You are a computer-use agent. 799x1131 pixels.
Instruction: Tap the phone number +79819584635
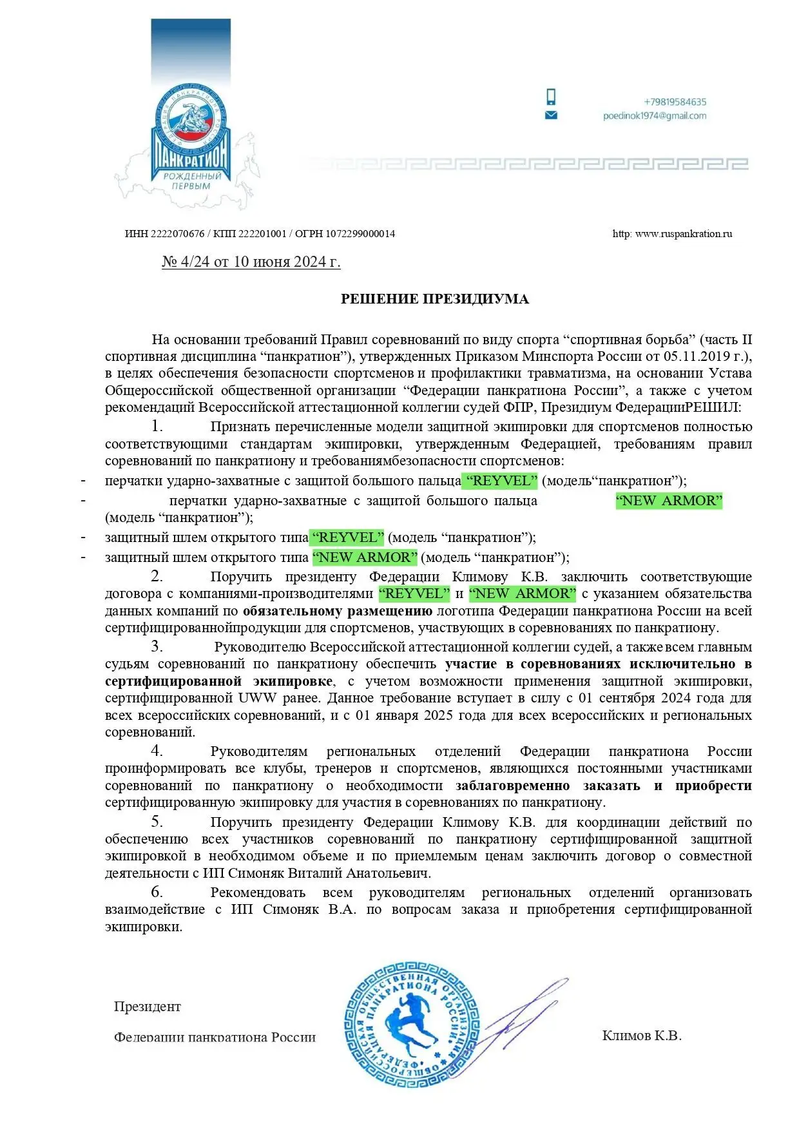point(675,102)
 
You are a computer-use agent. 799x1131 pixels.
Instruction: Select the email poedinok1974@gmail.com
point(655,116)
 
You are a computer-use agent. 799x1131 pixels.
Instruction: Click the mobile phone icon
point(551,97)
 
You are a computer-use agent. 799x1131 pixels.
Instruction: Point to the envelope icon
point(551,115)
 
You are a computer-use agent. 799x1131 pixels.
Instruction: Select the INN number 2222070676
point(177,234)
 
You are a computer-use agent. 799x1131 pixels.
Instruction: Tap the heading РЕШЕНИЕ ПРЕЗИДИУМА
point(434,299)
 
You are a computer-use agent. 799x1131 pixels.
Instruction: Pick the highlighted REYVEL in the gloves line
point(501,481)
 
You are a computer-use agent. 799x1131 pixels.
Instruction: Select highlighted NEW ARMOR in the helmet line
point(365,557)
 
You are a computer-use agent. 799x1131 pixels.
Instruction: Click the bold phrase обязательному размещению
point(337,611)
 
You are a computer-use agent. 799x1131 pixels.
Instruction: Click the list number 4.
point(157,751)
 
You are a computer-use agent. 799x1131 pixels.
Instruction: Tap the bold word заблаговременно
point(512,786)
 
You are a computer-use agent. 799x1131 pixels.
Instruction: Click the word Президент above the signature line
point(148,1007)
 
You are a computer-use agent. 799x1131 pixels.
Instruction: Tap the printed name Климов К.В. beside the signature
point(642,1036)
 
